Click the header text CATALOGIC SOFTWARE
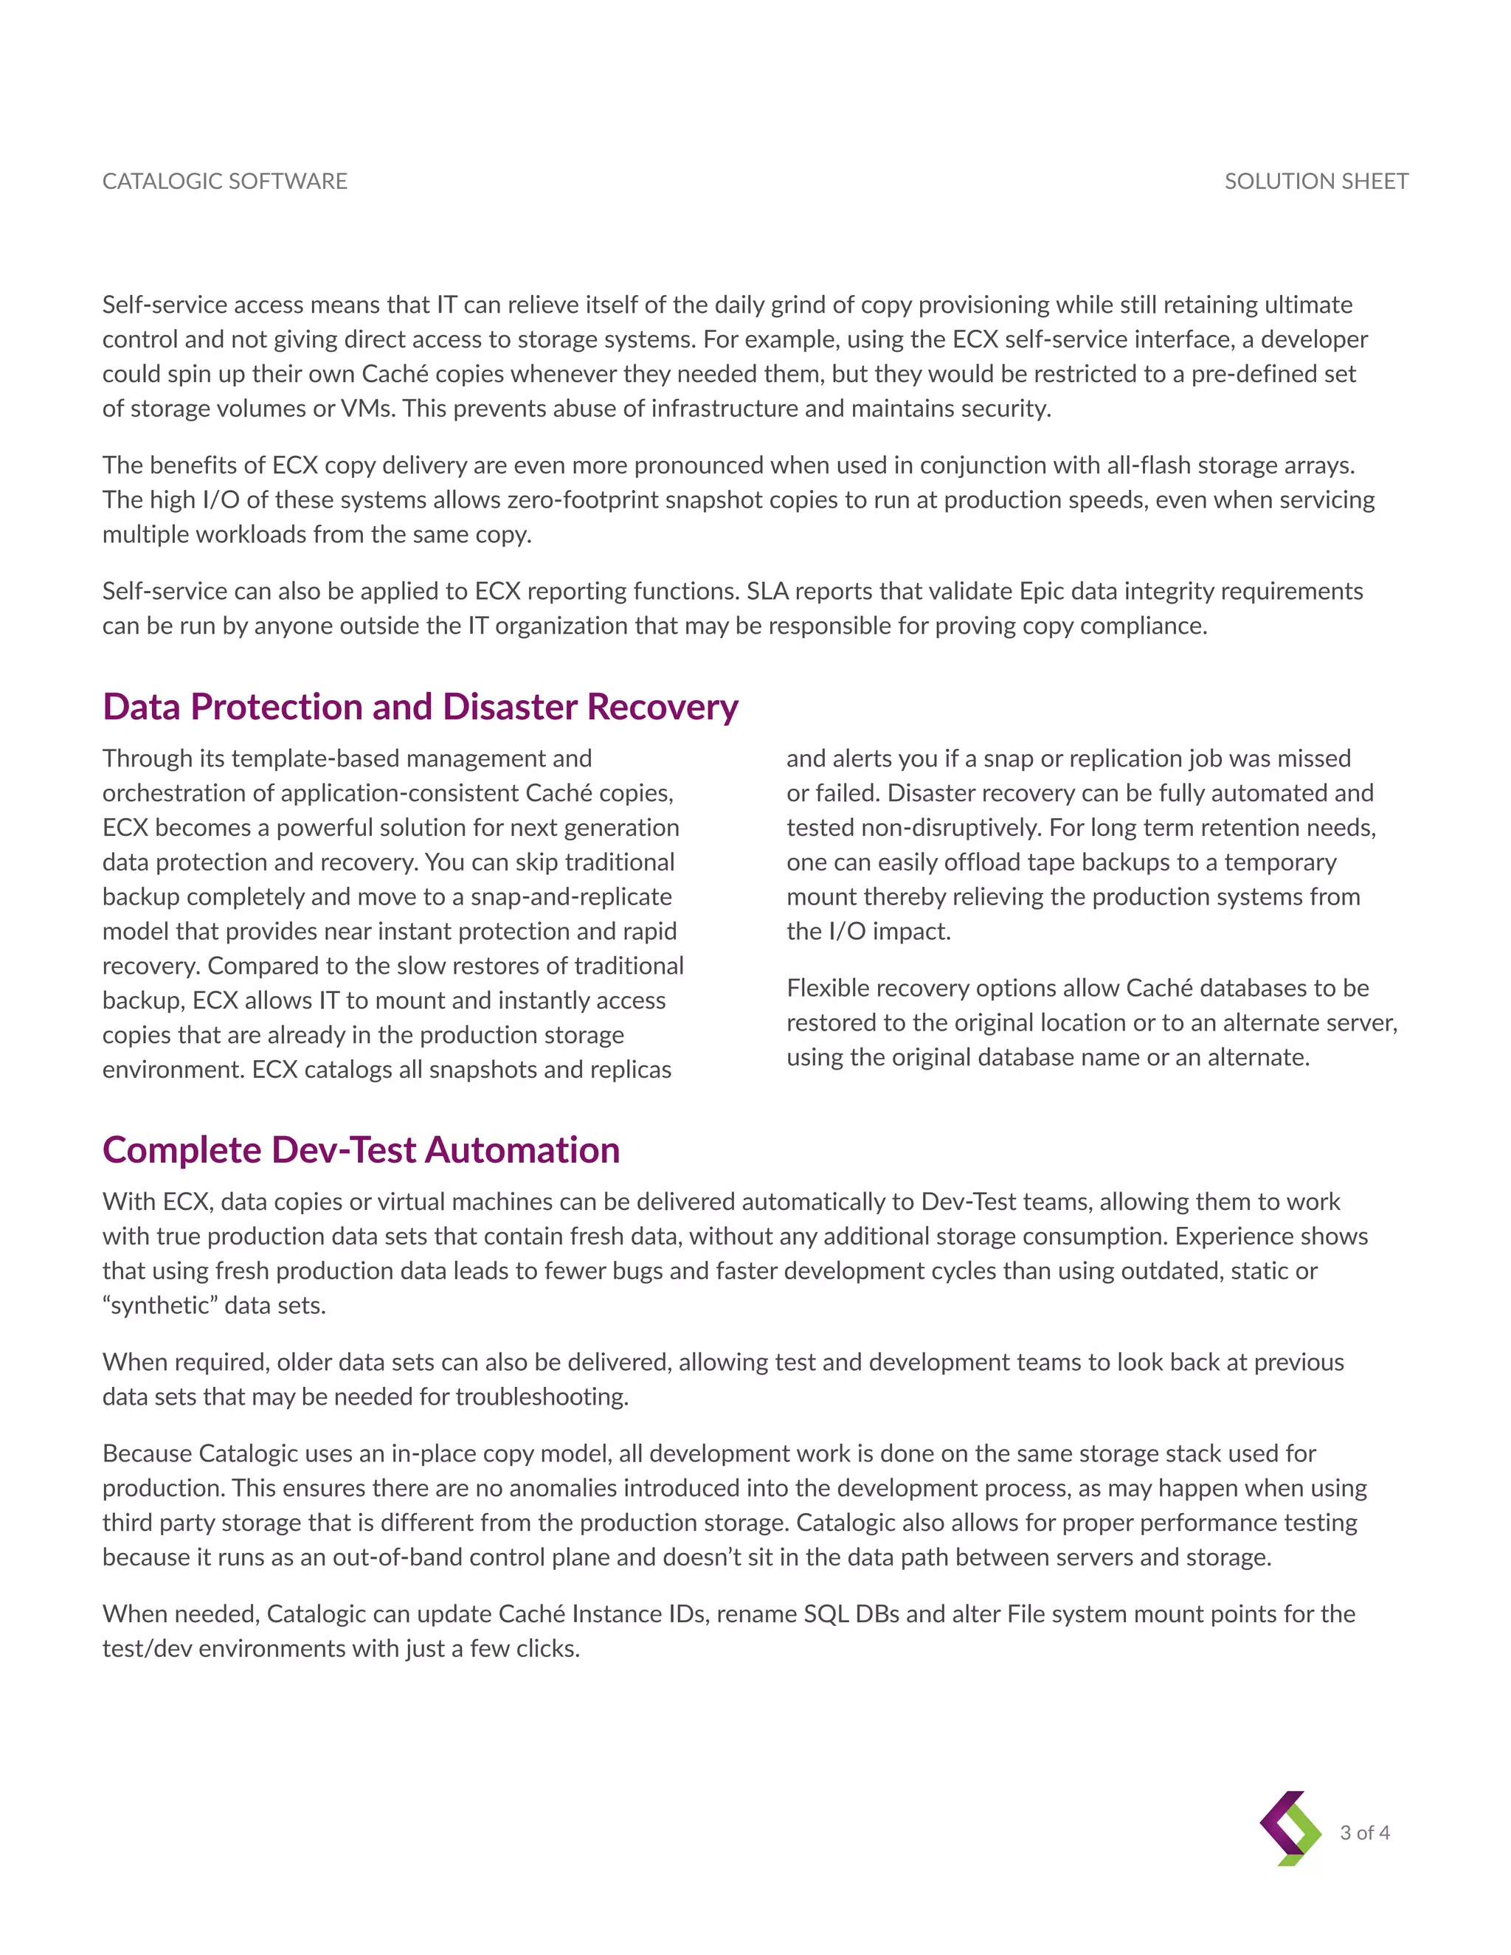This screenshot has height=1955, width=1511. (225, 181)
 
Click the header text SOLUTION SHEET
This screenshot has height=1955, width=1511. (1316, 181)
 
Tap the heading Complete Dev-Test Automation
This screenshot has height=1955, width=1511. (361, 1149)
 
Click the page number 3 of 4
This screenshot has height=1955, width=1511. (1364, 1833)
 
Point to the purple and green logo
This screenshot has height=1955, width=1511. (1290, 1828)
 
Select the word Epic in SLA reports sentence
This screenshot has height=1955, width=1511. (1043, 591)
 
